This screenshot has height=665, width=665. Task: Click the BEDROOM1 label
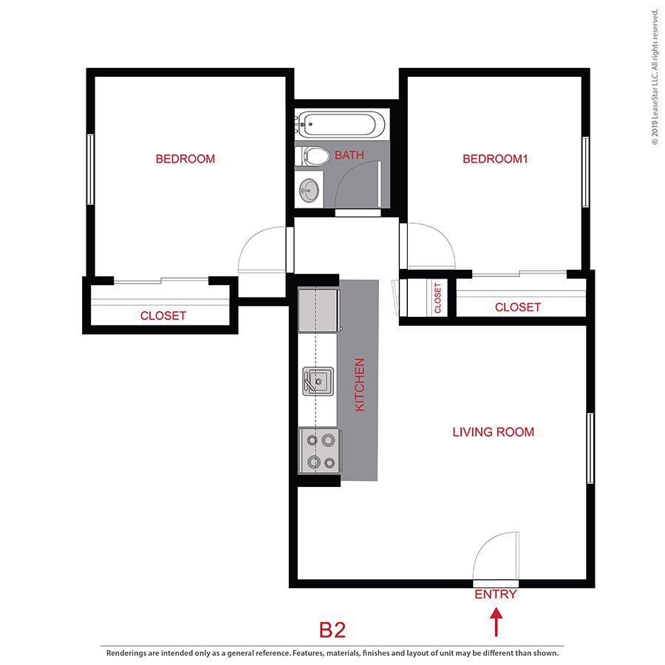[x=496, y=159]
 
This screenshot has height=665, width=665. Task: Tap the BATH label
[x=349, y=155]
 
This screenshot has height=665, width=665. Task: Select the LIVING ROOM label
[x=493, y=432]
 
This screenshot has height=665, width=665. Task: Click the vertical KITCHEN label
[x=360, y=385]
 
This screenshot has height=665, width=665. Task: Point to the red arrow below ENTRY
[x=496, y=621]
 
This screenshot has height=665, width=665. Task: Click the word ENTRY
[x=496, y=594]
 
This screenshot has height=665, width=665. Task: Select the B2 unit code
[x=332, y=630]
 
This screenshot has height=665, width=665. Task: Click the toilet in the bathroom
[x=313, y=156]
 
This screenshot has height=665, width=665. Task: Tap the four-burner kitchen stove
[x=319, y=451]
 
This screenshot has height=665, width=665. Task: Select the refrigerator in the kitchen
[x=318, y=311]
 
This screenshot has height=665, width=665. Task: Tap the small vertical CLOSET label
[x=437, y=298]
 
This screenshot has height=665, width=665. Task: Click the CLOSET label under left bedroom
[x=163, y=316]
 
